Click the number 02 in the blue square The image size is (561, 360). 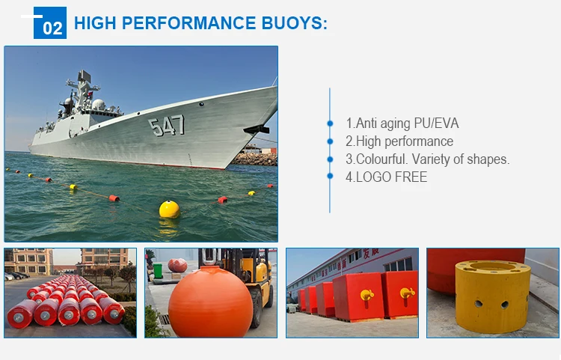coord(52,28)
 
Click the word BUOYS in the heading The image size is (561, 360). coord(295,23)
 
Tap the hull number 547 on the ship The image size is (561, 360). coord(167,125)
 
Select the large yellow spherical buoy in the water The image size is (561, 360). coord(169,210)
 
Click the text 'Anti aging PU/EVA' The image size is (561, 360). coord(407,123)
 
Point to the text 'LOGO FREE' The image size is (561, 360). coord(391,177)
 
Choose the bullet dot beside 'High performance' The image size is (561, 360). coord(330,141)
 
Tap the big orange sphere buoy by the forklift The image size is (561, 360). coord(210,302)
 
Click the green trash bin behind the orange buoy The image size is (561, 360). coord(158,271)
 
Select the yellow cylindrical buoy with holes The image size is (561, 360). coord(492,296)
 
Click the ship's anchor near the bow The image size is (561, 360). coord(257,129)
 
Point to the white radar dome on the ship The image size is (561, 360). coord(99,105)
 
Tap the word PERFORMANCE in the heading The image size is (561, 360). coord(189,23)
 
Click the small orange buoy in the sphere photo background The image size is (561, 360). coord(178,265)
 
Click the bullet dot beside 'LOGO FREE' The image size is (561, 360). coord(330,176)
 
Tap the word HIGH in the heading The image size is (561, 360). coord(95,23)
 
